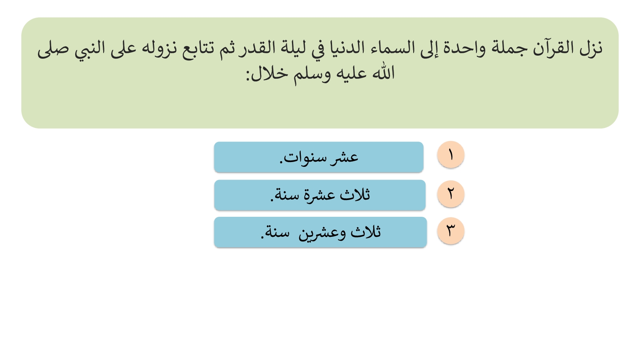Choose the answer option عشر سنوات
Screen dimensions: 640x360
pos(318,157)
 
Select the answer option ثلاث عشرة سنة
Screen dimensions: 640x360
pos(320,195)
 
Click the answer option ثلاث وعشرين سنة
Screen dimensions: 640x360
pos(320,232)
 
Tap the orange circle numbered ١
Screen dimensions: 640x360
pos(450,154)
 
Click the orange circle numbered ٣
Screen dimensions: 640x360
pos(450,230)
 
